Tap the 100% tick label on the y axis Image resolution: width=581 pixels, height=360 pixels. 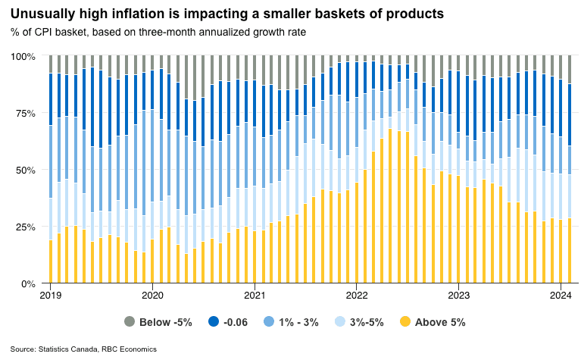point(22,56)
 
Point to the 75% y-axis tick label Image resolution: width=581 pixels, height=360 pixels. point(25,113)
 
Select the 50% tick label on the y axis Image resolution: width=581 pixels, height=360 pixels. point(25,170)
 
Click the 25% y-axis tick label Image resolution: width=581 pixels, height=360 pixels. point(25,227)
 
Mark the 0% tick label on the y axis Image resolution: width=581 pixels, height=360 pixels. point(28,283)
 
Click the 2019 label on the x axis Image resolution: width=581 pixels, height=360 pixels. point(51,295)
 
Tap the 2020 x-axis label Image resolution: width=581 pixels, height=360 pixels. point(153,295)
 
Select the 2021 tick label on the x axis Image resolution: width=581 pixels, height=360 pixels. point(255,295)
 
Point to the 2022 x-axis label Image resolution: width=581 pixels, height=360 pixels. point(357,295)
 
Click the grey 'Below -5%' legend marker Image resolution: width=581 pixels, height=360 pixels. point(130,321)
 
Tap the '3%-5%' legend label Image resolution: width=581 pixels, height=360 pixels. point(367,321)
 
